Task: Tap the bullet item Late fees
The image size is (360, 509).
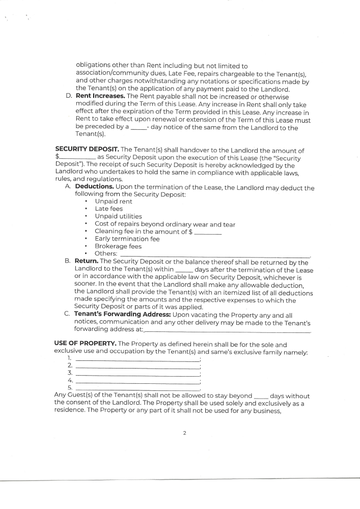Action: (x=108, y=209)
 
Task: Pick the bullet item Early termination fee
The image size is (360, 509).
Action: (x=127, y=239)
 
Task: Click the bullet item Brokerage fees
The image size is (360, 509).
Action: (x=118, y=246)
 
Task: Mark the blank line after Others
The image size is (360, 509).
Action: (x=214, y=255)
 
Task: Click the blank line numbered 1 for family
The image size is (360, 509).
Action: (x=137, y=360)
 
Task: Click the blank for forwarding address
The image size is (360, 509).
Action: (x=219, y=331)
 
